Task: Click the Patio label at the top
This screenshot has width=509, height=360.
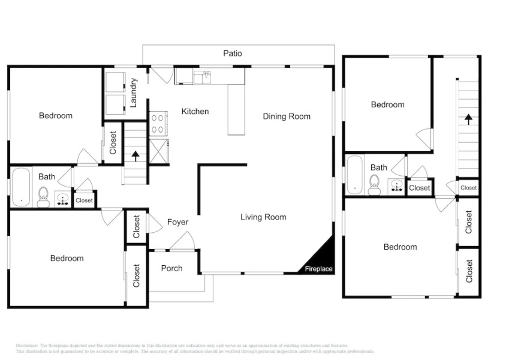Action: [x=233, y=53]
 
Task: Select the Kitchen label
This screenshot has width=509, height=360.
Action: [x=195, y=111]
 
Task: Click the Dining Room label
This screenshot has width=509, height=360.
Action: [x=287, y=116]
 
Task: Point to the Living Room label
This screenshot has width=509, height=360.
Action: [x=263, y=217]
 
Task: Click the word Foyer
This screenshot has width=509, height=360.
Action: [x=177, y=222]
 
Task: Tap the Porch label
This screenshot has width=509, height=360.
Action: [x=171, y=268]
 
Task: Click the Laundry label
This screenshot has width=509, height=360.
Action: [x=134, y=92]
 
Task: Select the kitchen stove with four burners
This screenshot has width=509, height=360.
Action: [x=158, y=124]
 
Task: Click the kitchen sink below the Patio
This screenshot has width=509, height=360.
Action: [x=203, y=76]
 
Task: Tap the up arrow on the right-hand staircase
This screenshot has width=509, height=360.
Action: [x=466, y=119]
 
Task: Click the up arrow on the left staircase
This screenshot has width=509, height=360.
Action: [x=135, y=156]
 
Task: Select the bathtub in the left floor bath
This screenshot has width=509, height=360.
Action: [x=21, y=187]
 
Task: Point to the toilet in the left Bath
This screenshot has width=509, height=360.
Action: [x=43, y=196]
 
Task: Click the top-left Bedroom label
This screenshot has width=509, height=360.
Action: [x=55, y=116]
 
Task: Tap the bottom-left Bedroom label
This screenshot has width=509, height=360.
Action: [x=67, y=259]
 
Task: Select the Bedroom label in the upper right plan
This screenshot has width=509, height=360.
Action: [x=387, y=104]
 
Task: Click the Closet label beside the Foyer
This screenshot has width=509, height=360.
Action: [x=137, y=227]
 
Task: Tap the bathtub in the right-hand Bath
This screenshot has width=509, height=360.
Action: [x=355, y=175]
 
